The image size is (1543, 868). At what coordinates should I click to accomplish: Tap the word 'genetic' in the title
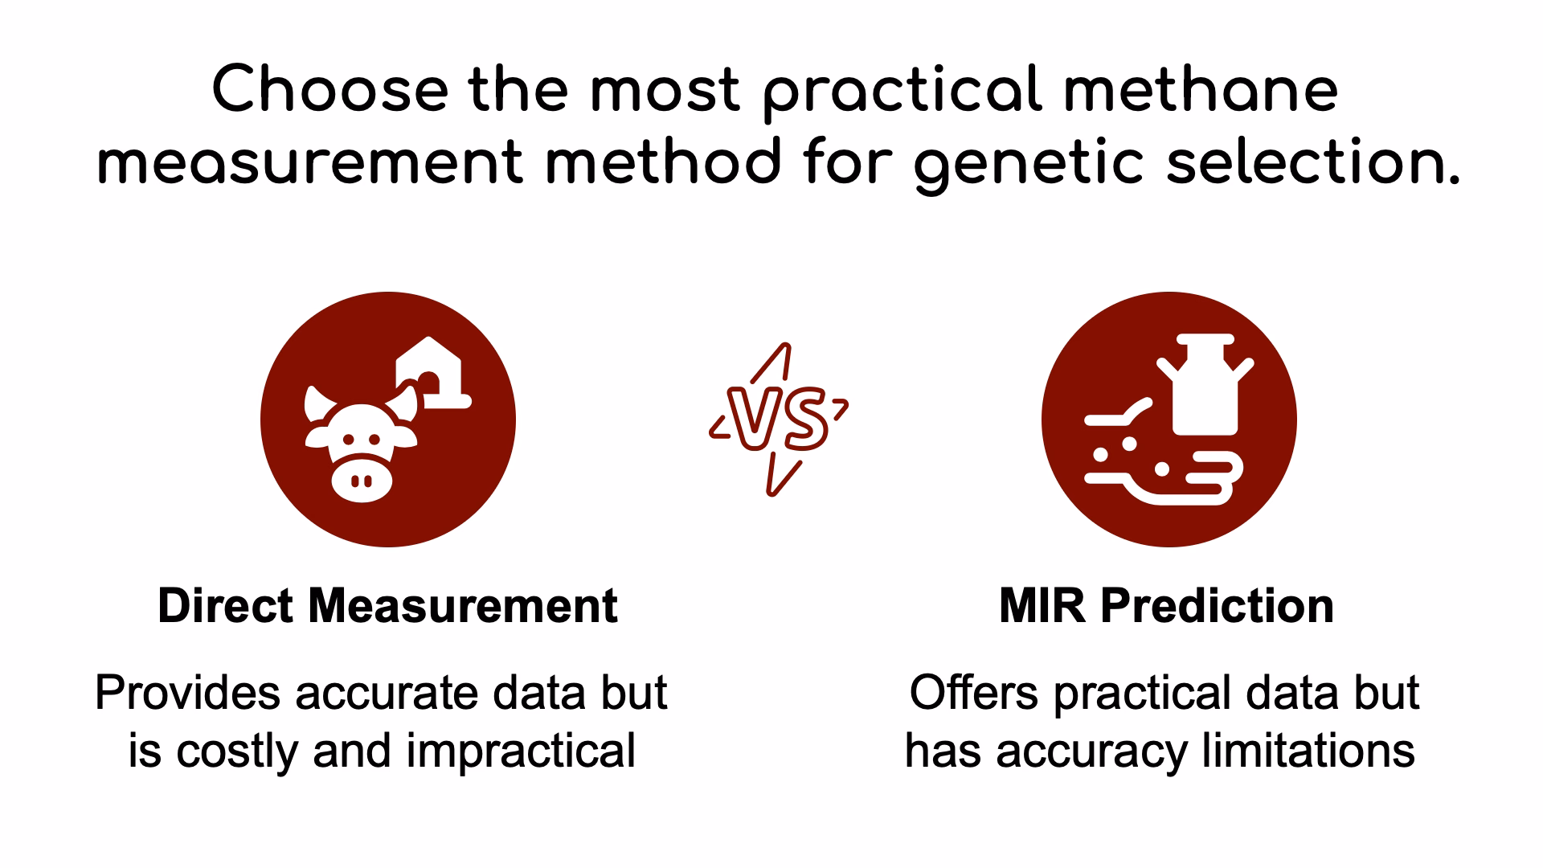click(x=1029, y=163)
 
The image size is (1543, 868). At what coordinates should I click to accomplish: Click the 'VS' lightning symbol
click(x=779, y=420)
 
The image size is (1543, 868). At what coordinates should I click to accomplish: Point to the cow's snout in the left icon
click(x=362, y=480)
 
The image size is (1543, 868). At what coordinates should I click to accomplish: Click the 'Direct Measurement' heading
click(x=387, y=605)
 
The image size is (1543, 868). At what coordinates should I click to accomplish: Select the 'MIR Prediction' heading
click(x=1167, y=605)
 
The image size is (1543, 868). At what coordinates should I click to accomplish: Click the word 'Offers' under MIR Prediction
click(x=974, y=693)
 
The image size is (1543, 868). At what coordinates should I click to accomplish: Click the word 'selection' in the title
click(x=1313, y=162)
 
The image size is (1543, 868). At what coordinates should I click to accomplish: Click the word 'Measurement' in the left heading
click(x=463, y=605)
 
